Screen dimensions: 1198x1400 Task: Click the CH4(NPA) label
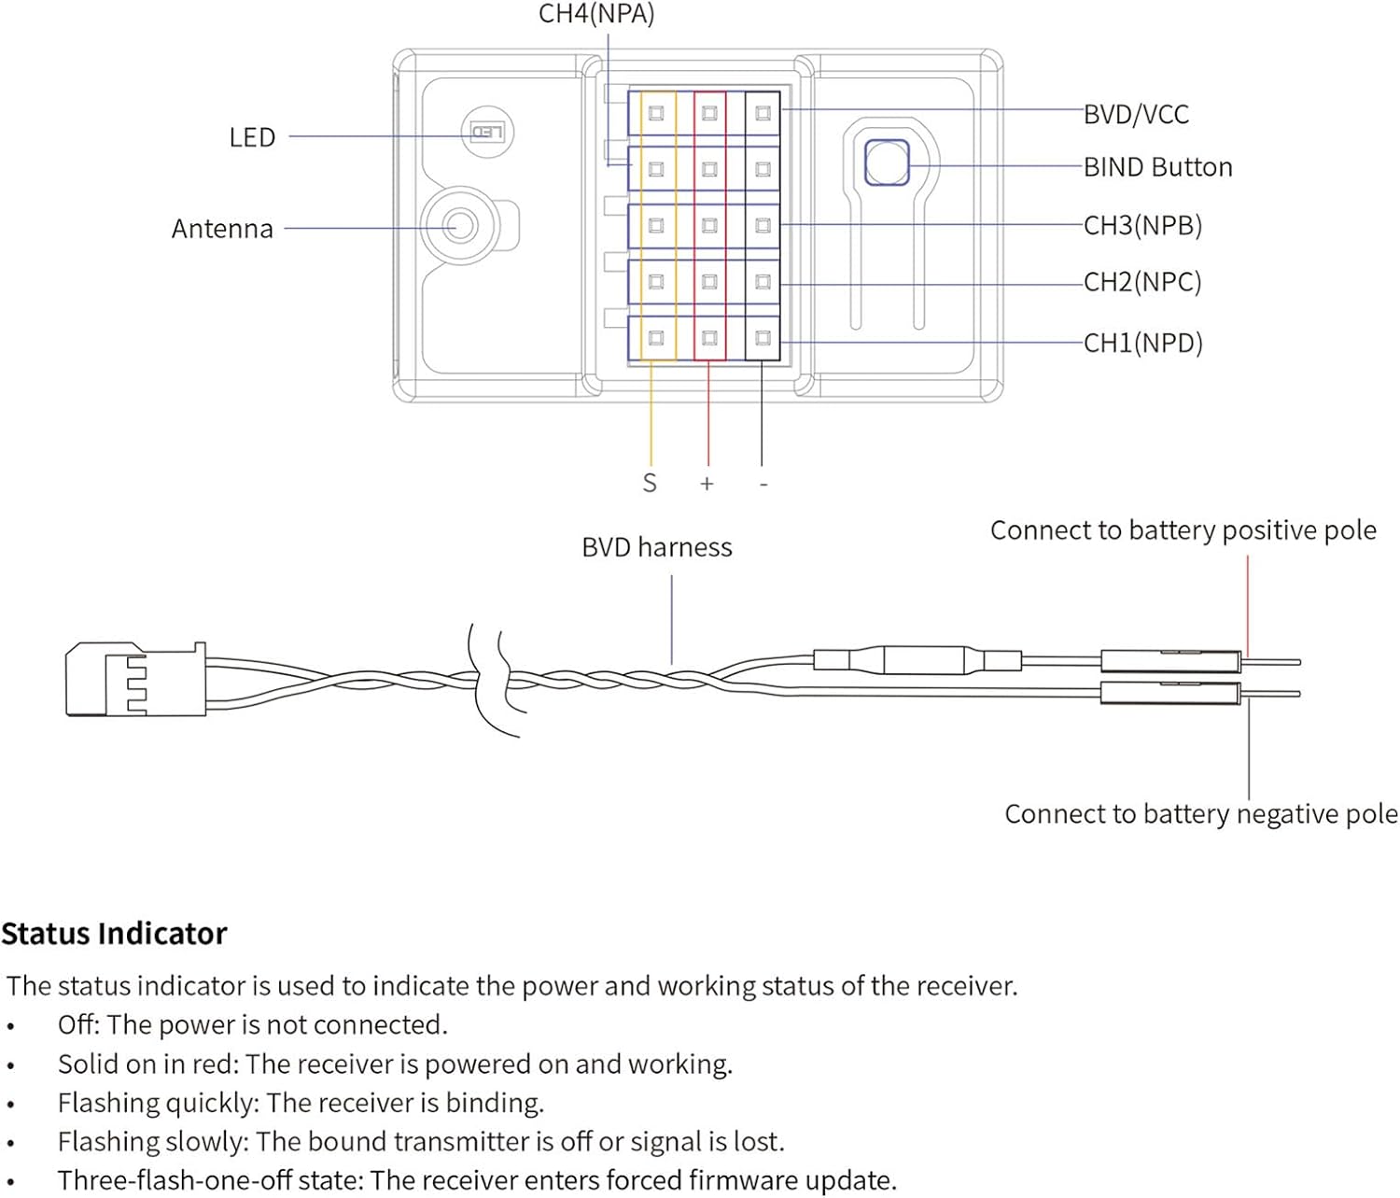[596, 14]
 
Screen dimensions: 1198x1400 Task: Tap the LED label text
[252, 137]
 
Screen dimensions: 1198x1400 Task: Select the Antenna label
[222, 229]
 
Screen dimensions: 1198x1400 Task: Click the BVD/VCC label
[1136, 115]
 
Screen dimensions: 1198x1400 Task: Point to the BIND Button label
[1157, 167]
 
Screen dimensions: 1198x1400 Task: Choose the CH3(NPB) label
[1142, 225]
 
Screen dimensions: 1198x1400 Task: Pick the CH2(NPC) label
[1142, 282]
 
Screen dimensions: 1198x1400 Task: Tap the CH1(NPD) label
[1142, 343]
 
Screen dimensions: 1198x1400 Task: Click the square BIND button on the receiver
[886, 163]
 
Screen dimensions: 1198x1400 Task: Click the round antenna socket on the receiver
[459, 226]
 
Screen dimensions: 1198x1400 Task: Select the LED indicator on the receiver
[487, 132]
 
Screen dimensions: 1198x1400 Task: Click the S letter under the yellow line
[650, 484]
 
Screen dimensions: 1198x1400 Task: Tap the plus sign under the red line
[707, 484]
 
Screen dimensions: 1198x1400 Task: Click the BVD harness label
[656, 547]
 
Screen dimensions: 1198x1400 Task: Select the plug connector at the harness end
[134, 679]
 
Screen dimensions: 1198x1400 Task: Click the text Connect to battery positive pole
[1183, 530]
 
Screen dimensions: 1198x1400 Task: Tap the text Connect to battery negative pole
[1200, 814]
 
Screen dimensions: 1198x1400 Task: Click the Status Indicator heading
[114, 934]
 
